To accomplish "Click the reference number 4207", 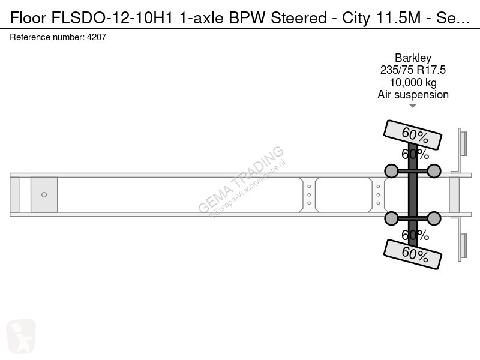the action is pyautogui.click(x=97, y=37).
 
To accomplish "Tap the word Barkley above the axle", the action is pyautogui.click(x=413, y=58).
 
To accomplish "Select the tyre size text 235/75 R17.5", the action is pyautogui.click(x=413, y=70).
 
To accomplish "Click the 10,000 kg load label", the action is pyautogui.click(x=413, y=83).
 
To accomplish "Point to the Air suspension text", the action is pyautogui.click(x=413, y=95).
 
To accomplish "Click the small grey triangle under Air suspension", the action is pyautogui.click(x=413, y=106).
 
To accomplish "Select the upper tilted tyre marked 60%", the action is pyautogui.click(x=413, y=135).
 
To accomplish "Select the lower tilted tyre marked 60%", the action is pyautogui.click(x=413, y=254).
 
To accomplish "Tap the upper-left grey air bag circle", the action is pyautogui.click(x=391, y=171).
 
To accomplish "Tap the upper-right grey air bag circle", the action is pyautogui.click(x=434, y=171).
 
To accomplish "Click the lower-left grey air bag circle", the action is pyautogui.click(x=391, y=218).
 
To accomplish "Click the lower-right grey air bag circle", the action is pyautogui.click(x=434, y=218).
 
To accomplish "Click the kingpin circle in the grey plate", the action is pyautogui.click(x=44, y=194).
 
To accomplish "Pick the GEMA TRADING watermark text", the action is pyautogui.click(x=241, y=179).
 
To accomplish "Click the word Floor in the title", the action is pyautogui.click(x=28, y=18).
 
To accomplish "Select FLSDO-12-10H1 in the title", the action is pyautogui.click(x=112, y=18).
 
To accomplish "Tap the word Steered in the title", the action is pyautogui.click(x=299, y=18).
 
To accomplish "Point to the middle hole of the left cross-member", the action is pyautogui.click(x=309, y=194).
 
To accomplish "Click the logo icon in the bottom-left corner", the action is pyautogui.click(x=21, y=336).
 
